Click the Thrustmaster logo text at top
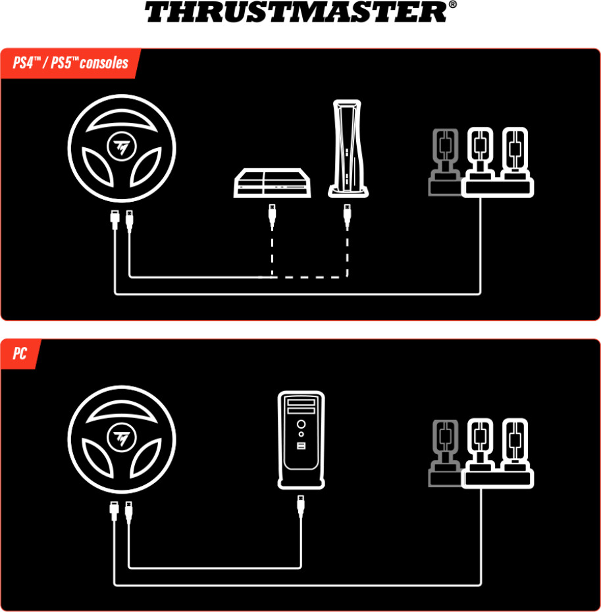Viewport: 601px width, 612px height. pos(296,12)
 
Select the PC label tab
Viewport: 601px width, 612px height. pos(20,354)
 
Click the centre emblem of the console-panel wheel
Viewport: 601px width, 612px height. pos(122,145)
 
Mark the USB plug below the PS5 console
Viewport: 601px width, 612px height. pos(347,216)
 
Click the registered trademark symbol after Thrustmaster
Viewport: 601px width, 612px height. pos(452,5)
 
